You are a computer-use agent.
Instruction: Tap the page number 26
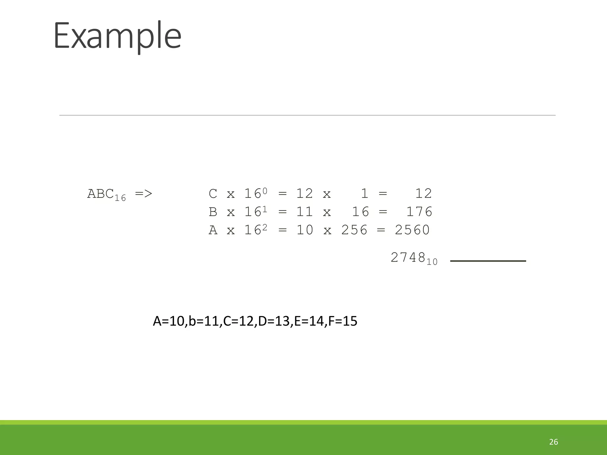click(x=553, y=442)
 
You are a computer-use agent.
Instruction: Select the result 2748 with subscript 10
click(x=413, y=258)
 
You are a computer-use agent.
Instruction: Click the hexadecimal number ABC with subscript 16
click(x=106, y=195)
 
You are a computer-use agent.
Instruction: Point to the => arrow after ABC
click(x=143, y=194)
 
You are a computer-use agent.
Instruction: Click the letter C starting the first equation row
click(x=213, y=194)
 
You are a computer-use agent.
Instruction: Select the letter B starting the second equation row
click(x=213, y=212)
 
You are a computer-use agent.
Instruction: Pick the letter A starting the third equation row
click(x=213, y=230)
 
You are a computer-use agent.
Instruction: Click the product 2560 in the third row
click(x=412, y=230)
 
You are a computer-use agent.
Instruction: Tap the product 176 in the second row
click(x=419, y=212)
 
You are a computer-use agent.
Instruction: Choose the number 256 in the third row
click(x=354, y=230)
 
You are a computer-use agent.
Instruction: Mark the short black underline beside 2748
click(x=488, y=261)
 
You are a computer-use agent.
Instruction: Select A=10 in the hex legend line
click(x=169, y=321)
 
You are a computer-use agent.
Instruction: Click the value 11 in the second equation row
click(x=305, y=212)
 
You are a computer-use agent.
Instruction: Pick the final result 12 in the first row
click(x=424, y=194)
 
